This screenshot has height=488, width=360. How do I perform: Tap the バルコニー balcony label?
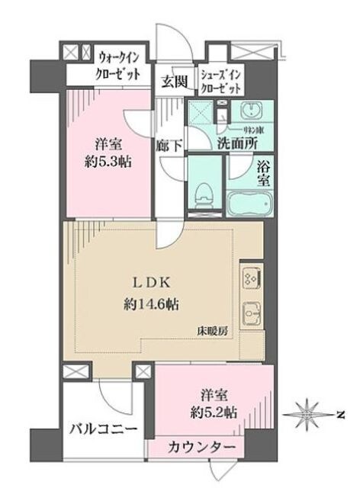(x=104, y=430)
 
